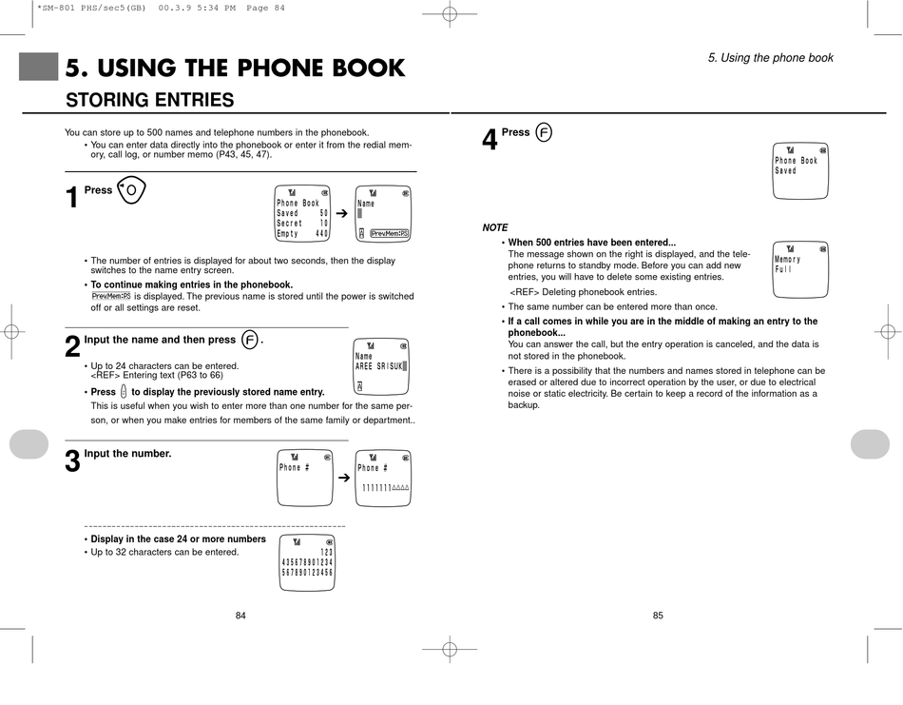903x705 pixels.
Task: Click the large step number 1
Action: [x=72, y=199]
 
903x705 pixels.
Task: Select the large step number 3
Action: [x=72, y=462]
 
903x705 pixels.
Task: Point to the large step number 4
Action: [x=490, y=141]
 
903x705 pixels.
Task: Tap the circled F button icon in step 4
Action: [x=544, y=132]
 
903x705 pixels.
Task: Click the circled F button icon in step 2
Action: [x=249, y=340]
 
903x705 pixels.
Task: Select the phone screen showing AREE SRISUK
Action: [x=380, y=366]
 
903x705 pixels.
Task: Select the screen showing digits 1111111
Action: [x=383, y=478]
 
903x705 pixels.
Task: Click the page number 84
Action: [x=240, y=616]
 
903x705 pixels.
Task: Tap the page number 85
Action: [x=658, y=616]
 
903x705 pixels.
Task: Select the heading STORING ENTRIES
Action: [x=149, y=100]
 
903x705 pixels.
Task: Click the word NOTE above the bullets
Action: [x=495, y=228]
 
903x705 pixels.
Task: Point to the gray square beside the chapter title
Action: [x=38, y=67]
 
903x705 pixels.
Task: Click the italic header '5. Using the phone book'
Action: [x=770, y=58]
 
